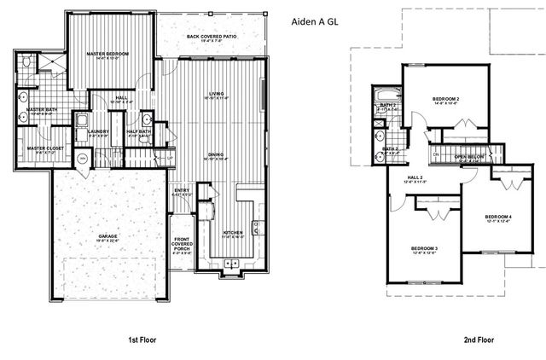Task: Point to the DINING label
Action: [217, 154]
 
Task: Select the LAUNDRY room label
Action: [98, 131]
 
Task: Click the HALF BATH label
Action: [138, 131]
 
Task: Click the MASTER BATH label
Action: [41, 110]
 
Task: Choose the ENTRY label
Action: [181, 190]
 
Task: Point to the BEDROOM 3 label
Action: [424, 248]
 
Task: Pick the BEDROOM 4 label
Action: [498, 217]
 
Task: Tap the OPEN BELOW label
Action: [469, 157]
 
